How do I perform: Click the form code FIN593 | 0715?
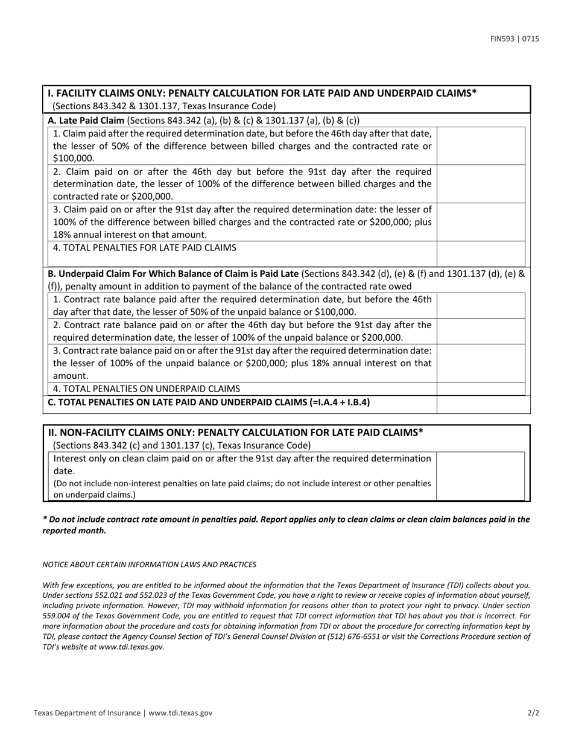click(514, 39)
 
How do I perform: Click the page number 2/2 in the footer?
click(533, 712)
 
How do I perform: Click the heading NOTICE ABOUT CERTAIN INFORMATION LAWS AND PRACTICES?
click(149, 564)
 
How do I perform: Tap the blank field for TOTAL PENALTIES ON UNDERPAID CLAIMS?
click(480, 388)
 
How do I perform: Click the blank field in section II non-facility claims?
click(480, 476)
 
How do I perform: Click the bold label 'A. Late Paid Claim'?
click(86, 119)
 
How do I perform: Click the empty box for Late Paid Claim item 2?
click(480, 184)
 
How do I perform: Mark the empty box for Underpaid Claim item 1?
click(480, 305)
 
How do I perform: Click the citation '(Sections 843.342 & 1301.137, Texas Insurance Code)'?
click(164, 106)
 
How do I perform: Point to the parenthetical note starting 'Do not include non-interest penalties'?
click(242, 489)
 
